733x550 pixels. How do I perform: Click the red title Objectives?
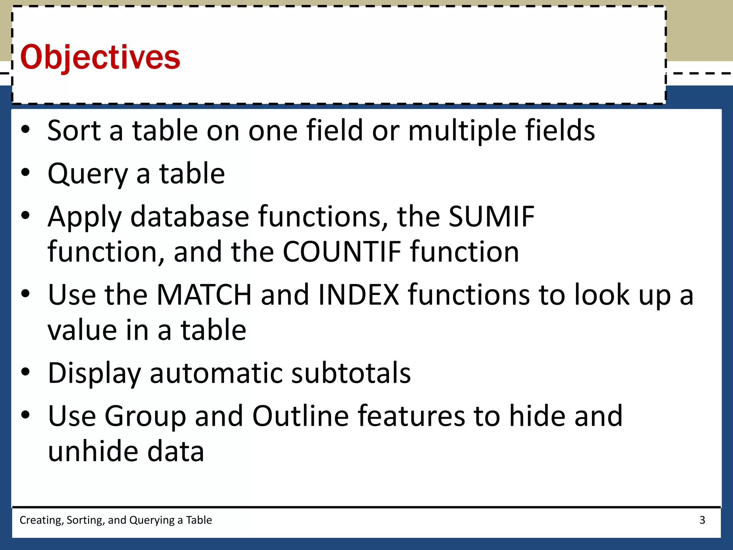(100, 57)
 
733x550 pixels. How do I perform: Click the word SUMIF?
(491, 216)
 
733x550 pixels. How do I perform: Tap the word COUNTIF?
(342, 252)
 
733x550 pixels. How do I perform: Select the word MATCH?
(204, 295)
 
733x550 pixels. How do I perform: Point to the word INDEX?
(358, 295)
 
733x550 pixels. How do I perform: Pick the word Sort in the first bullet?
(74, 130)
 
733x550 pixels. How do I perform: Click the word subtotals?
(351, 373)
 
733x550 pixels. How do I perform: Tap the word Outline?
(300, 416)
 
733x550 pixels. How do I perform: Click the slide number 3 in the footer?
(702, 520)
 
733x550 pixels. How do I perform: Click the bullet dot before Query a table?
(25, 173)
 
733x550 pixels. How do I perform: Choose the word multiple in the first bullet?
(462, 131)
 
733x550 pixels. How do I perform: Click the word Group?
(145, 416)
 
